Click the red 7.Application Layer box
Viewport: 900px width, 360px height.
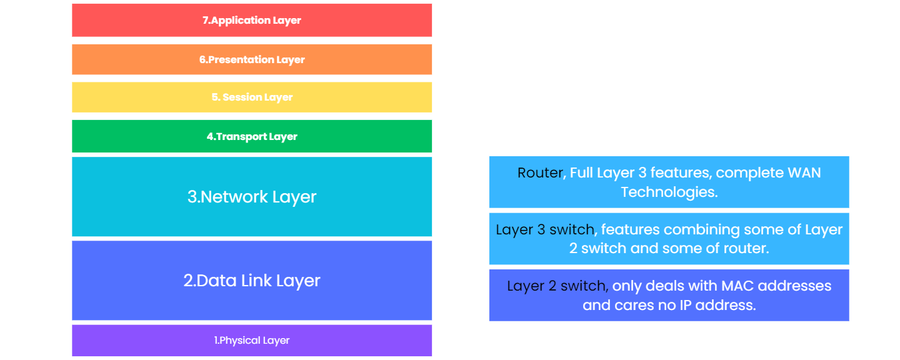[252, 20]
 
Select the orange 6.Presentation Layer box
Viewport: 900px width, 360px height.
[252, 59]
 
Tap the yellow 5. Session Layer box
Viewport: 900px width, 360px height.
[252, 97]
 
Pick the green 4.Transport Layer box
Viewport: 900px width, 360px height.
[252, 136]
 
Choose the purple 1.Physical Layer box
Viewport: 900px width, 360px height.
[252, 341]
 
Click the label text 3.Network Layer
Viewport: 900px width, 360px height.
[252, 197]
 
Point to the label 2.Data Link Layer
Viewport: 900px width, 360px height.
[252, 281]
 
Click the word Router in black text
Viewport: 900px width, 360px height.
[540, 172]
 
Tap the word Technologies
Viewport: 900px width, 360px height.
[668, 192]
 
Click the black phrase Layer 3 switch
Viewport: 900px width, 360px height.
[545, 229]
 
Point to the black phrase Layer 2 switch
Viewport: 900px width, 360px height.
[556, 286]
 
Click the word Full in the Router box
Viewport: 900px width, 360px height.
[582, 172]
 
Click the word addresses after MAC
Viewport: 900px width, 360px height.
[796, 286]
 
